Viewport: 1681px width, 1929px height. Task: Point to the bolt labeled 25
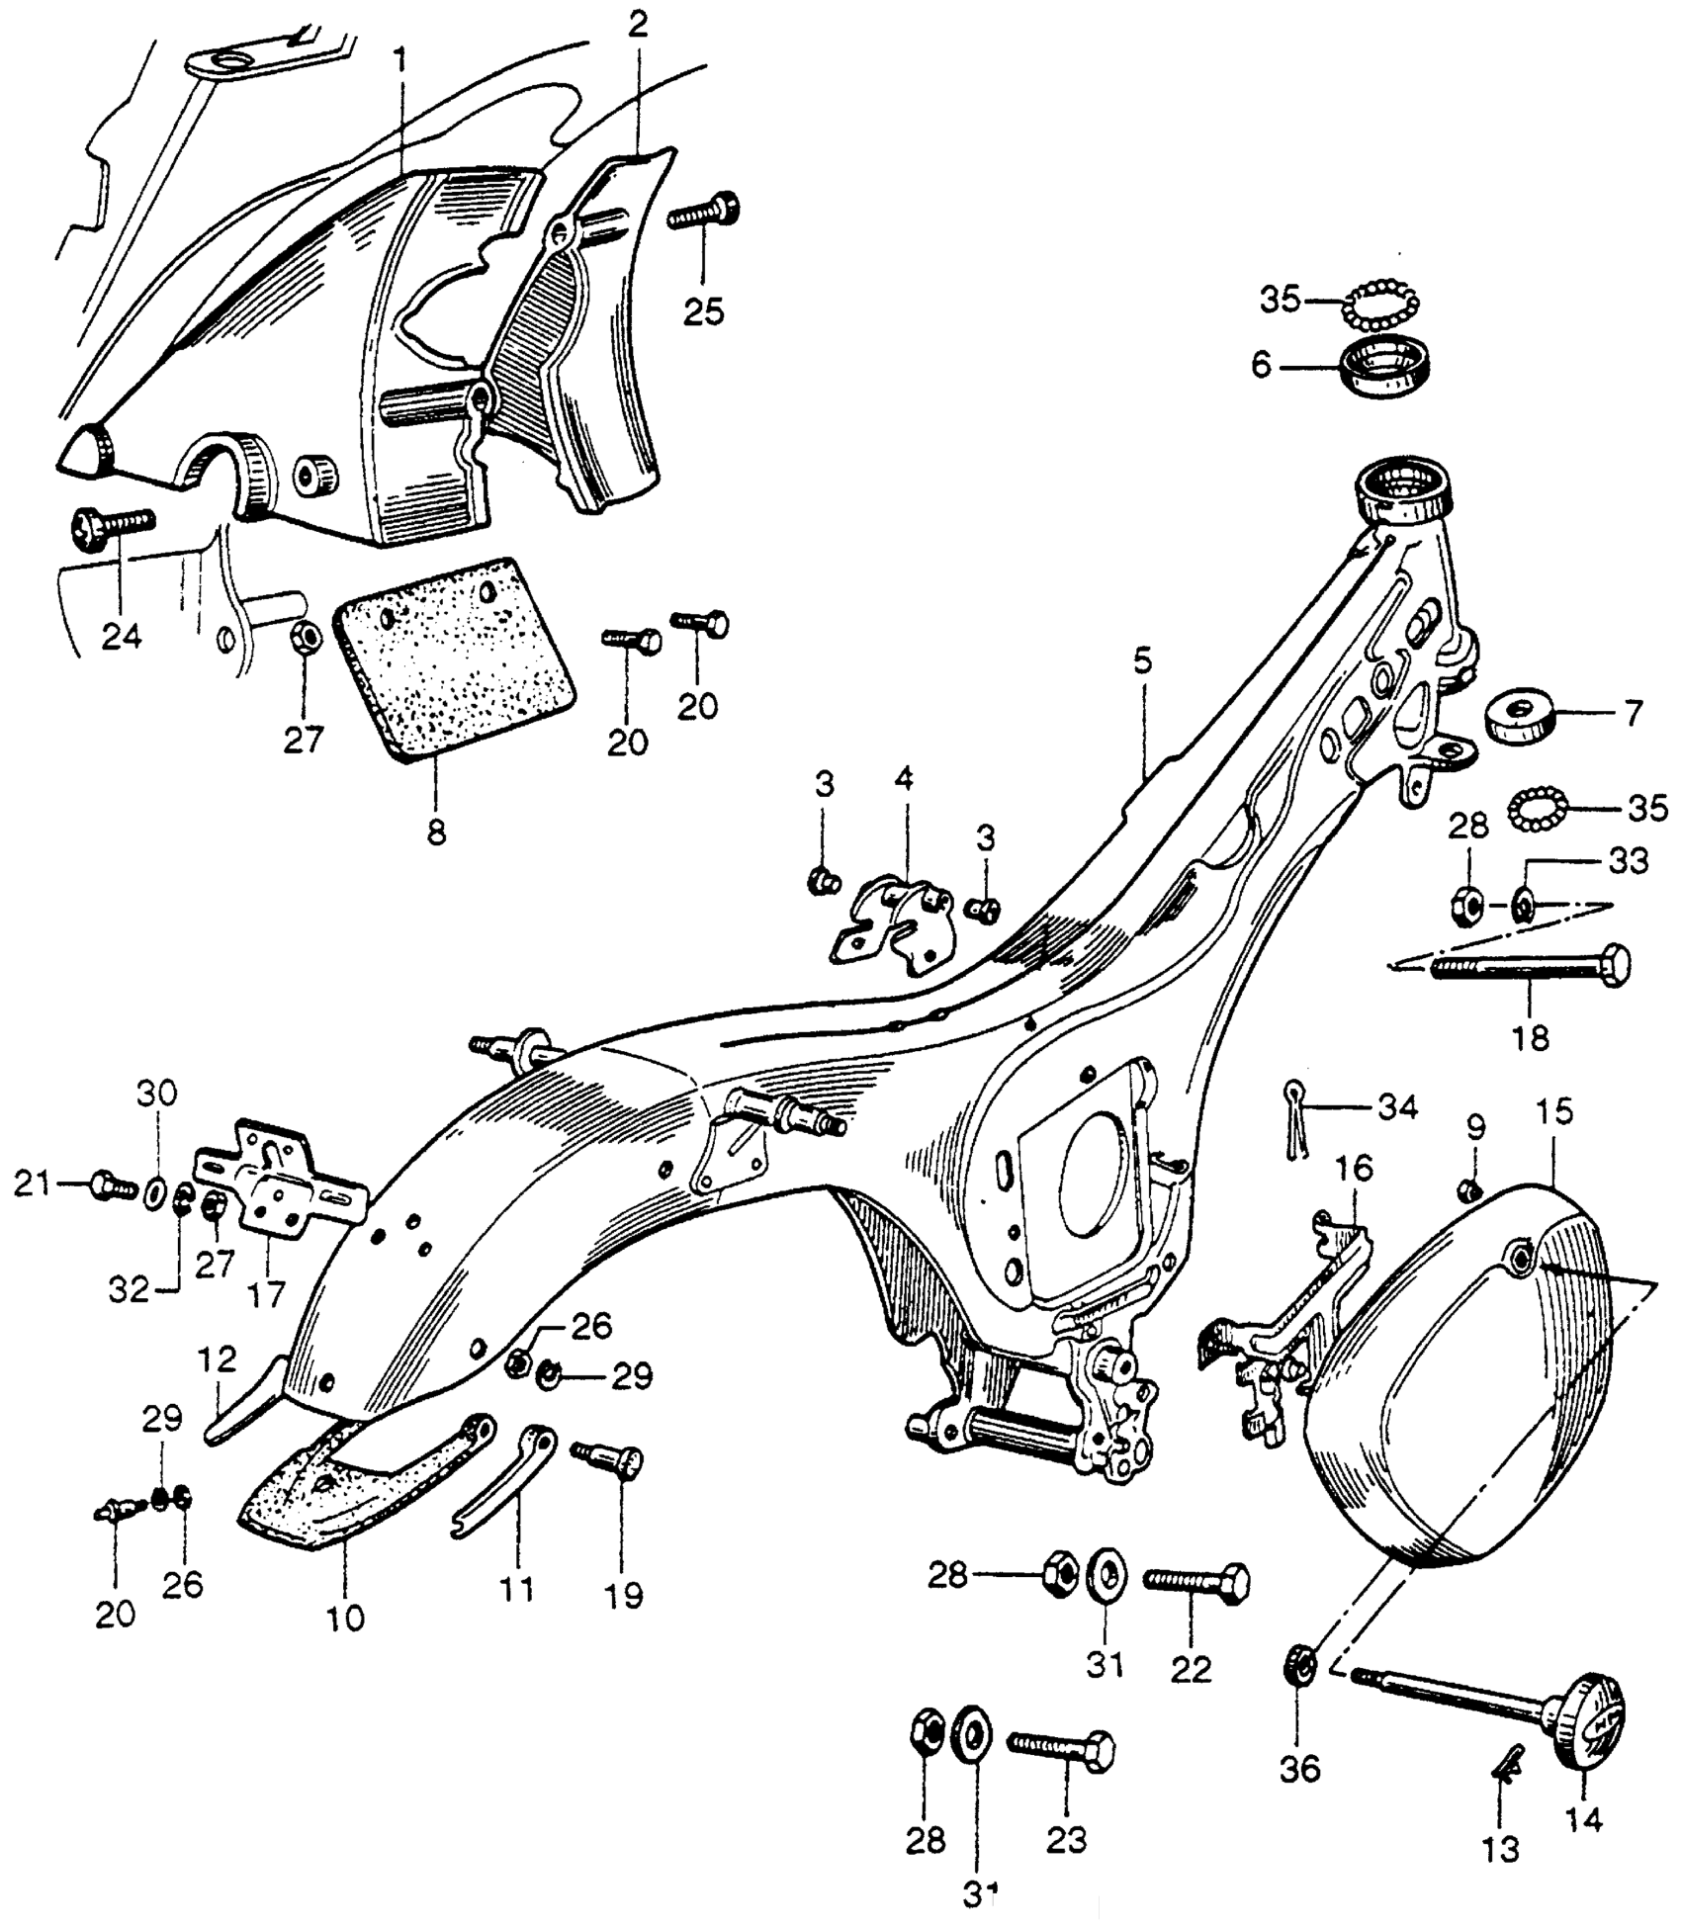point(704,212)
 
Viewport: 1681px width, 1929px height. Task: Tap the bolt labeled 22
point(1196,1582)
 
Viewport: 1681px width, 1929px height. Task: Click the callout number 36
point(1301,1770)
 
